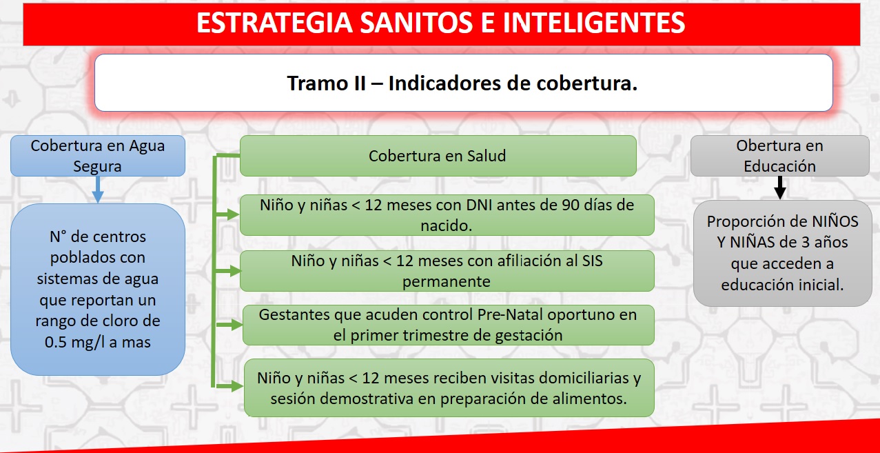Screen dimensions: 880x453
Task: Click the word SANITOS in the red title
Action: (417, 23)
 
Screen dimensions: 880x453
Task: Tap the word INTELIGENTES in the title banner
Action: (594, 23)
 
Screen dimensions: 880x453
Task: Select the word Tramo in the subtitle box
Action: (316, 83)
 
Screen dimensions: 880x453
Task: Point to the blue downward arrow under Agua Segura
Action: (98, 190)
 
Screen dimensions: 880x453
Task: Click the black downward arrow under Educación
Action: (780, 188)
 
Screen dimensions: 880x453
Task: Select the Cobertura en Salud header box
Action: (438, 156)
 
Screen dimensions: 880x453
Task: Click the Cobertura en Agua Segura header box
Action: (98, 156)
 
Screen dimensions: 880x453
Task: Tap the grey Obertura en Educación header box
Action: (780, 156)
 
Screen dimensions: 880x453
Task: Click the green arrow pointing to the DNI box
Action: (227, 214)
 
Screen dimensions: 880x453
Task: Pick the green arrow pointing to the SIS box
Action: (228, 271)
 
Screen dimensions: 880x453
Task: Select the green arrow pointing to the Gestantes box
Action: (229, 325)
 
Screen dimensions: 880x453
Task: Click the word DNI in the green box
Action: (479, 205)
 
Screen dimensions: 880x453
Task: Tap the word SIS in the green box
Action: (593, 261)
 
